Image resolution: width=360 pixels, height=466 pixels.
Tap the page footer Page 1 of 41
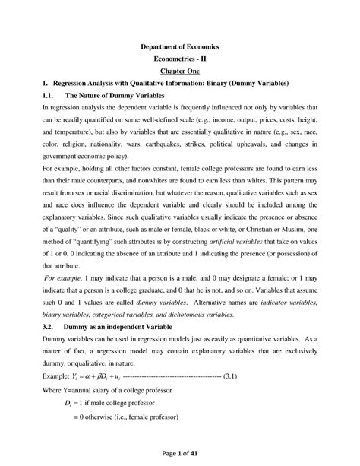tap(180, 452)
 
